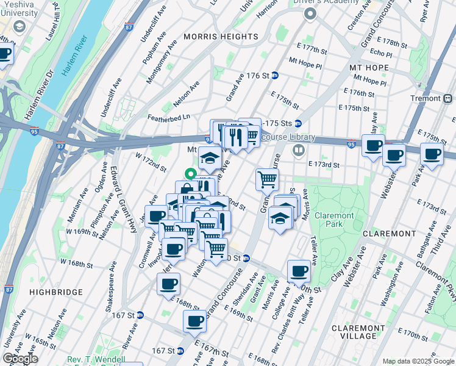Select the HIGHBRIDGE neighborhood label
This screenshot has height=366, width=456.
point(55,292)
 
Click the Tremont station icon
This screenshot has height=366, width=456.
point(448,98)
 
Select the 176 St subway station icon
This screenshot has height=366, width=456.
point(275,76)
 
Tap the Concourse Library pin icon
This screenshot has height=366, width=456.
point(299,149)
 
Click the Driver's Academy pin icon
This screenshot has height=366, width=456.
point(311,13)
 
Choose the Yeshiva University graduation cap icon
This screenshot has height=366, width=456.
point(19,26)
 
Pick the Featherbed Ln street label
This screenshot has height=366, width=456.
point(169,117)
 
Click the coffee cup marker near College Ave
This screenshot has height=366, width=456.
point(299,270)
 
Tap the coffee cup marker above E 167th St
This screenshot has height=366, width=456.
point(195,320)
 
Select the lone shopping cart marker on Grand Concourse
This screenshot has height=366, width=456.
point(267,179)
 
